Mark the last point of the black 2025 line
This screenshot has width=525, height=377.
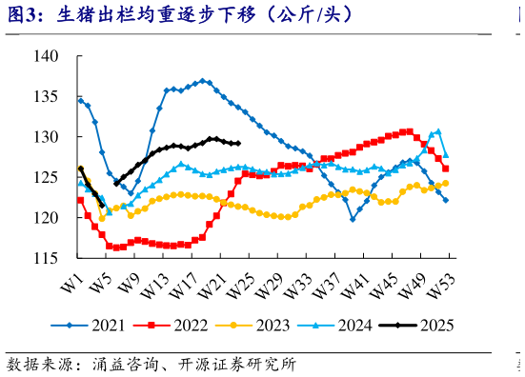[237, 144]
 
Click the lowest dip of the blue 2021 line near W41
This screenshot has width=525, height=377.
[353, 219]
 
